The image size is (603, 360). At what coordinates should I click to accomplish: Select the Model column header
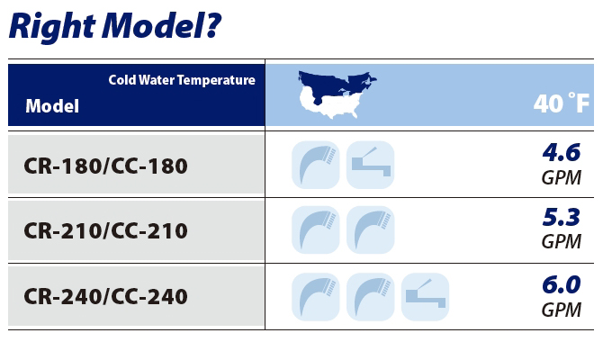52,106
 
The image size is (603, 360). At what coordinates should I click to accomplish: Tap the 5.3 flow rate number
562,217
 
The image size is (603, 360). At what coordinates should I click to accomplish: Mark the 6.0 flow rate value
562,283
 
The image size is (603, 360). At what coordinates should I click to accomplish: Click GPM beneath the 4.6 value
562,177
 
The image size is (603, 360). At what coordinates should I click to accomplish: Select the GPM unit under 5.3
562,242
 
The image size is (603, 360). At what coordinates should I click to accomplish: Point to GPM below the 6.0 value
562,310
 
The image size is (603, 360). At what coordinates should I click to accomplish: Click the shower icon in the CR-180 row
315,165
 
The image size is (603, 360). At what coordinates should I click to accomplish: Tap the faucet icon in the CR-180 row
370,165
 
